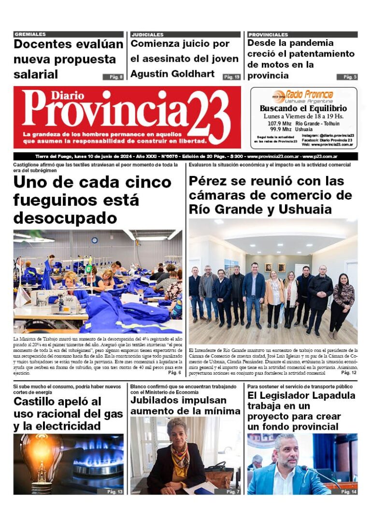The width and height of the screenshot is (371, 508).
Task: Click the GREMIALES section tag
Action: pyautogui.click(x=30, y=34)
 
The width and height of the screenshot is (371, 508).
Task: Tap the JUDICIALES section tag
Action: pyautogui.click(x=147, y=34)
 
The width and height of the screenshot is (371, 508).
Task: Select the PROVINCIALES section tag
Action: pyautogui.click(x=268, y=34)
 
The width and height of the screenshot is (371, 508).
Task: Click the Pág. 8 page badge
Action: pyautogui.click(x=113, y=77)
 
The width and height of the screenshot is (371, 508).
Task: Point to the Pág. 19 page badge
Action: pyautogui.click(x=231, y=77)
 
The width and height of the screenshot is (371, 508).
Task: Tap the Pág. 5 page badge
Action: pyautogui.click(x=347, y=77)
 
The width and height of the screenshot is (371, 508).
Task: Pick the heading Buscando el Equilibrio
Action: pyautogui.click(x=303, y=108)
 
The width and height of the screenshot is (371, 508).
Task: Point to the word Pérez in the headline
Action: pyautogui.click(x=212, y=181)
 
